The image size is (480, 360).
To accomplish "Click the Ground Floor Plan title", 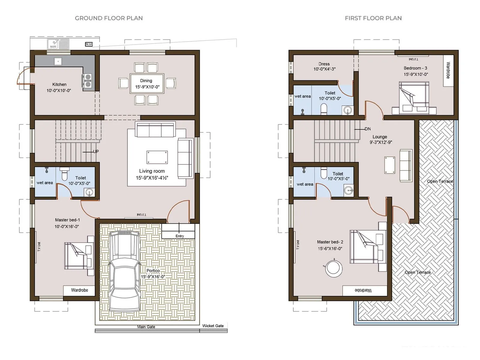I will (109, 18).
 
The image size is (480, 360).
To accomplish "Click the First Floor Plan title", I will (373, 18).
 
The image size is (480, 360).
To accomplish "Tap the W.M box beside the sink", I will (89, 44).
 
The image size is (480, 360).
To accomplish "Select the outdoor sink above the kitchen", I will (58, 44).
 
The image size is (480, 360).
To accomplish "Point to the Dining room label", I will (146, 81).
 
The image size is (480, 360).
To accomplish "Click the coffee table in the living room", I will (157, 157).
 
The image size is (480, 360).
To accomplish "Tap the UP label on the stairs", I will (96, 151).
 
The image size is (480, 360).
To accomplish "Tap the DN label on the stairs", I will (368, 129).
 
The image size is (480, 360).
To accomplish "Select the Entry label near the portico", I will (180, 236).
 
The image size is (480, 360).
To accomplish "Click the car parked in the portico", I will (124, 271).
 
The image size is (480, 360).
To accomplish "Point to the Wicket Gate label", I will (213, 326).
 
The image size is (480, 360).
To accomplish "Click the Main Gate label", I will (146, 327).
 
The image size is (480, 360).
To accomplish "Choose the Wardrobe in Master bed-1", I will (79, 290).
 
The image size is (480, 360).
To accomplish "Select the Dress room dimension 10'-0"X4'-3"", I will (324, 69).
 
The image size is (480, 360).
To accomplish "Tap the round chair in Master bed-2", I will (334, 268).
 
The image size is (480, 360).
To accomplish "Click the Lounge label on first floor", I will (380, 137).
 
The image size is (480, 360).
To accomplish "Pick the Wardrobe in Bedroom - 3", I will (448, 70).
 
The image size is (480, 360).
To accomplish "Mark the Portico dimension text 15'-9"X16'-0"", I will (153, 277).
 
